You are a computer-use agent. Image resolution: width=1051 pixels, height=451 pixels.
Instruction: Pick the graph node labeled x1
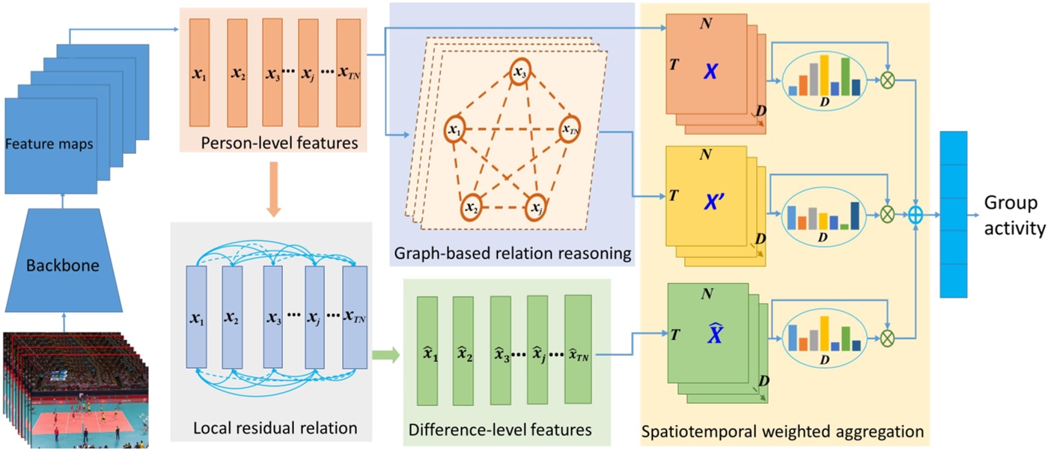[455, 131]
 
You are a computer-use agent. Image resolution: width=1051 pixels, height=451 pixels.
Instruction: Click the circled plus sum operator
[915, 215]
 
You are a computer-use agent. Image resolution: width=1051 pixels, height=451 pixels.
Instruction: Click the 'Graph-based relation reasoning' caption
[513, 253]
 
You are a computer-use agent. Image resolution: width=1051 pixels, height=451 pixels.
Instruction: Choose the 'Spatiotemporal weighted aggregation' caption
[783, 432]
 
